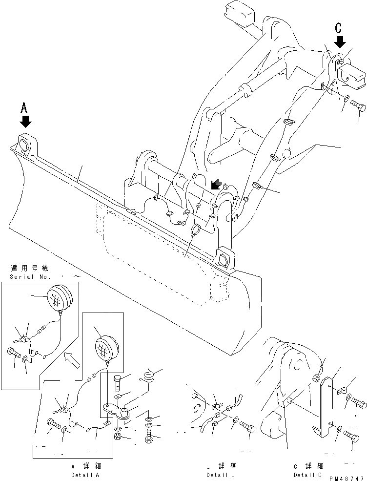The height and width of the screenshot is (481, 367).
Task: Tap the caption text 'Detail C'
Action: pos(307,475)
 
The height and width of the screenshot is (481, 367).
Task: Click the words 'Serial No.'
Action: pos(29,277)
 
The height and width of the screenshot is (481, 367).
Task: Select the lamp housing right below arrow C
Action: pos(349,76)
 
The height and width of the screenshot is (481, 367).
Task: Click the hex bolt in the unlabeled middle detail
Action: pos(247,428)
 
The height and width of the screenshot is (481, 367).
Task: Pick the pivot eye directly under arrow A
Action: pos(26,144)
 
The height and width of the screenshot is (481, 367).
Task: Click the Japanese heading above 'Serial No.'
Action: pos(29,268)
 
